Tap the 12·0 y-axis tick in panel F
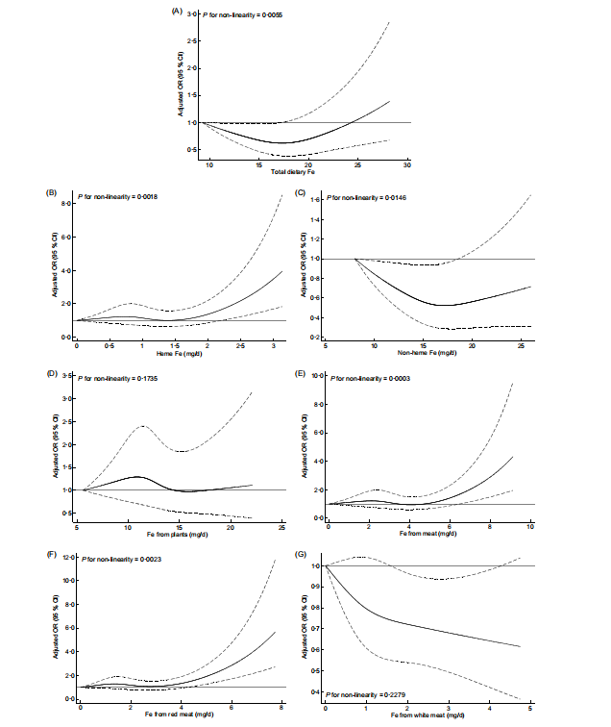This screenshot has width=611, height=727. pos(66,558)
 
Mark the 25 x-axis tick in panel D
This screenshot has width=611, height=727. pos(281,527)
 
